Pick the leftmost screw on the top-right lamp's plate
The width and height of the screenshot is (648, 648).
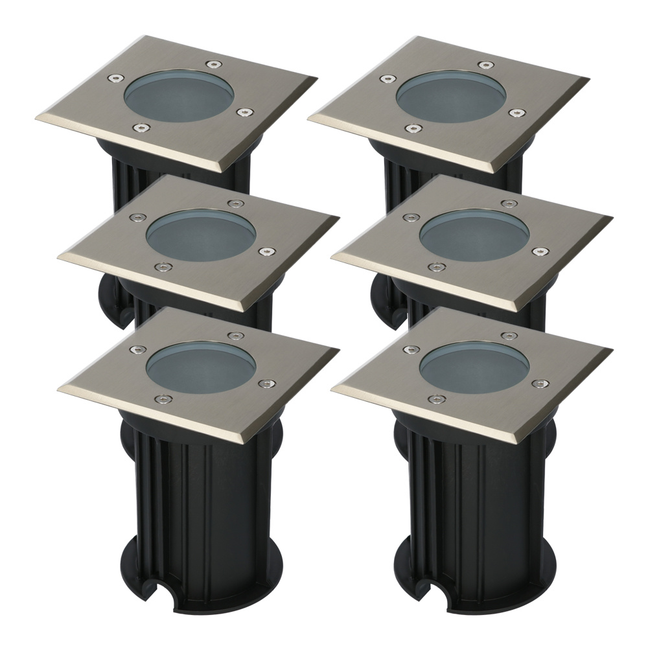(x=388, y=78)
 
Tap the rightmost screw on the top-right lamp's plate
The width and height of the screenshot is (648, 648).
(x=516, y=112)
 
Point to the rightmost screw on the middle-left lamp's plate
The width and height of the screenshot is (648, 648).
(x=264, y=251)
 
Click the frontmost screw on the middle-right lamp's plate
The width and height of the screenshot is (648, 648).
(x=435, y=266)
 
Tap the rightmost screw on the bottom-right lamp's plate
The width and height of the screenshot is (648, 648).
(x=537, y=384)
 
